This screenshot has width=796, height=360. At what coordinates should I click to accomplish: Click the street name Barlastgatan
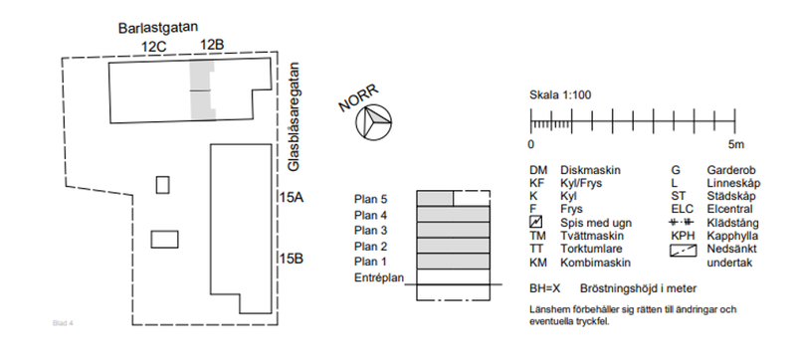point(158,28)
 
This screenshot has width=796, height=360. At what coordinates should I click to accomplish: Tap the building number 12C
point(154,47)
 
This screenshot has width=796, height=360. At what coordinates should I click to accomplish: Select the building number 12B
point(212,45)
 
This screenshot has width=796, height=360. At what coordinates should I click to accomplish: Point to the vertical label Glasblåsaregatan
point(294,116)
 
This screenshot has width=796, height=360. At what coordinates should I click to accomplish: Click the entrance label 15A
point(292,197)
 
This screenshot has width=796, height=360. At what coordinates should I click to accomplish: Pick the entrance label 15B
point(292,259)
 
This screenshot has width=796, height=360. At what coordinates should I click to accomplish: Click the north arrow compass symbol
point(374,122)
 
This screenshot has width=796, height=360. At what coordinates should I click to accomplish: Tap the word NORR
point(358,98)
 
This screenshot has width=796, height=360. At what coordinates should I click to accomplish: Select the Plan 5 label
point(370,199)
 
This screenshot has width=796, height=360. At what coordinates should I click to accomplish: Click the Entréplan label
point(379,277)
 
